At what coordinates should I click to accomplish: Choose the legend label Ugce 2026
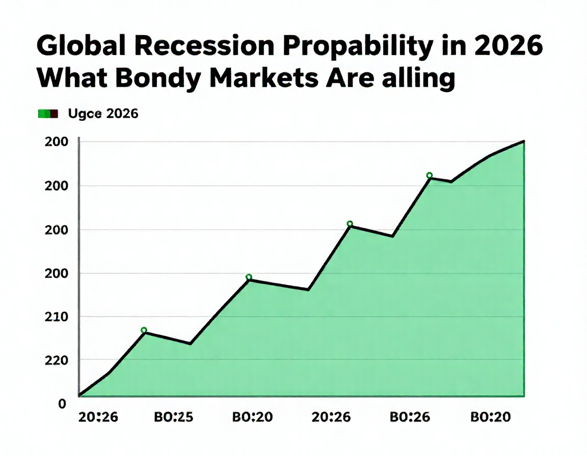[103, 114]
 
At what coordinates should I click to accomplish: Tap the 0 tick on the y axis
[62, 404]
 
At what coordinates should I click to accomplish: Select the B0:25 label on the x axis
[173, 417]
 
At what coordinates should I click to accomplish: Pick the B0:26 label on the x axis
[410, 417]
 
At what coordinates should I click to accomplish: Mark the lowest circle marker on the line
[144, 330]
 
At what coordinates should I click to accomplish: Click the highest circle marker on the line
[429, 176]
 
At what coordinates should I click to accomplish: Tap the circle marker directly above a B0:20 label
[249, 277]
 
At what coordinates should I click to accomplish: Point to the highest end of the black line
[523, 141]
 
